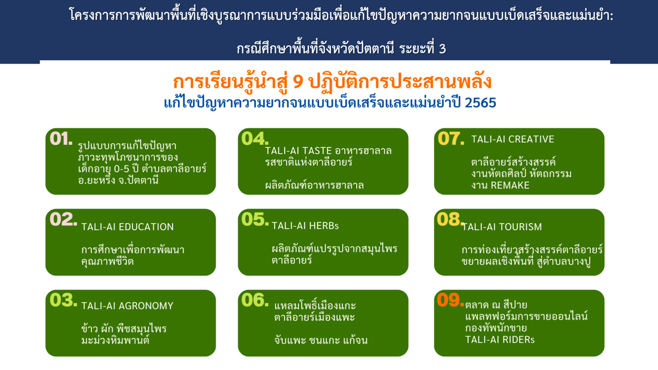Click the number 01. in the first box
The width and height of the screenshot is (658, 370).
(61, 139)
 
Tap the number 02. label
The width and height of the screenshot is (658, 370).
(63, 219)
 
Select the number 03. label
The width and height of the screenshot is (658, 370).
(63, 300)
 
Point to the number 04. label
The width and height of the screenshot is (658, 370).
(255, 139)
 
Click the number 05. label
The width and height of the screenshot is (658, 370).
(255, 219)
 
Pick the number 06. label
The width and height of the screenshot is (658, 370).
(255, 300)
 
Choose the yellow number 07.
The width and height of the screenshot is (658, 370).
(451, 139)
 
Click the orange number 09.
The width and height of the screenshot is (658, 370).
(450, 300)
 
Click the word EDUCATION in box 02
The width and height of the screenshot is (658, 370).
(146, 227)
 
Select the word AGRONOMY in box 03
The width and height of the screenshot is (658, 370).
(146, 306)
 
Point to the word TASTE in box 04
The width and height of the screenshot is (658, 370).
(317, 151)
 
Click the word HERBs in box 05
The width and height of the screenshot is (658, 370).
(324, 225)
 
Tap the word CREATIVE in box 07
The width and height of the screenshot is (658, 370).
(531, 139)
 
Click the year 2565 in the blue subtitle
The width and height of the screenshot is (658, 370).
(480, 103)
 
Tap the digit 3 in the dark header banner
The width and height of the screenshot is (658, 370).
(442, 49)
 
